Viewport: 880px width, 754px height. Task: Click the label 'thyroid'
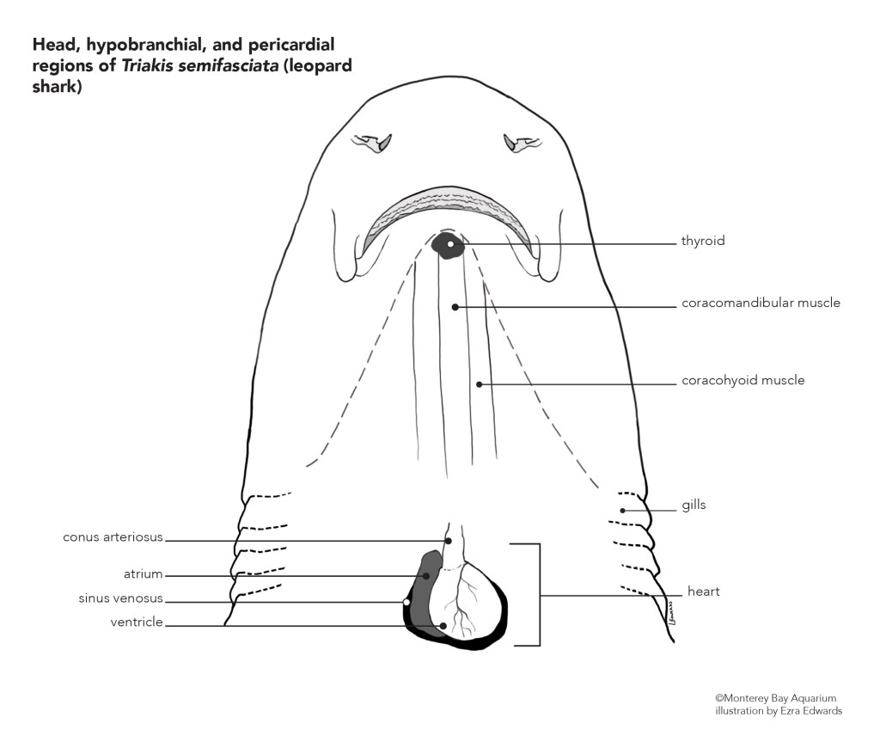click(x=703, y=242)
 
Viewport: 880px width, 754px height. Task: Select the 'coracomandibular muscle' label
click(x=761, y=303)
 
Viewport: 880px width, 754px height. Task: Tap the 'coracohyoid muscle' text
click(x=742, y=380)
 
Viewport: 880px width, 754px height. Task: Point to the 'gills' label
click(x=694, y=505)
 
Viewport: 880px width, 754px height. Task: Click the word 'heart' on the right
click(x=703, y=592)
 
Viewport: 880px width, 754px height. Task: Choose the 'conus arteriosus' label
click(x=113, y=538)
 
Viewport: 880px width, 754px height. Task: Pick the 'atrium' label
click(x=143, y=573)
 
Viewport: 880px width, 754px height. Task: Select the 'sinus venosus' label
click(x=119, y=599)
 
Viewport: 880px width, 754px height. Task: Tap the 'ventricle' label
click(x=137, y=622)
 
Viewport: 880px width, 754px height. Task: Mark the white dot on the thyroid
click(x=449, y=244)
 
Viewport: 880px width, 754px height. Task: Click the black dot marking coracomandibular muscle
click(x=455, y=306)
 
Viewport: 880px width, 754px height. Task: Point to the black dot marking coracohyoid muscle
click(x=480, y=383)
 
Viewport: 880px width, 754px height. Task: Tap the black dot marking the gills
click(x=622, y=511)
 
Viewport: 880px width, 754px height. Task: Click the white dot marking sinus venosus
click(x=406, y=602)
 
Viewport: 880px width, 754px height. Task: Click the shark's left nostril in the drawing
click(x=375, y=143)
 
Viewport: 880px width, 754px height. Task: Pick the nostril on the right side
click(x=521, y=143)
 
